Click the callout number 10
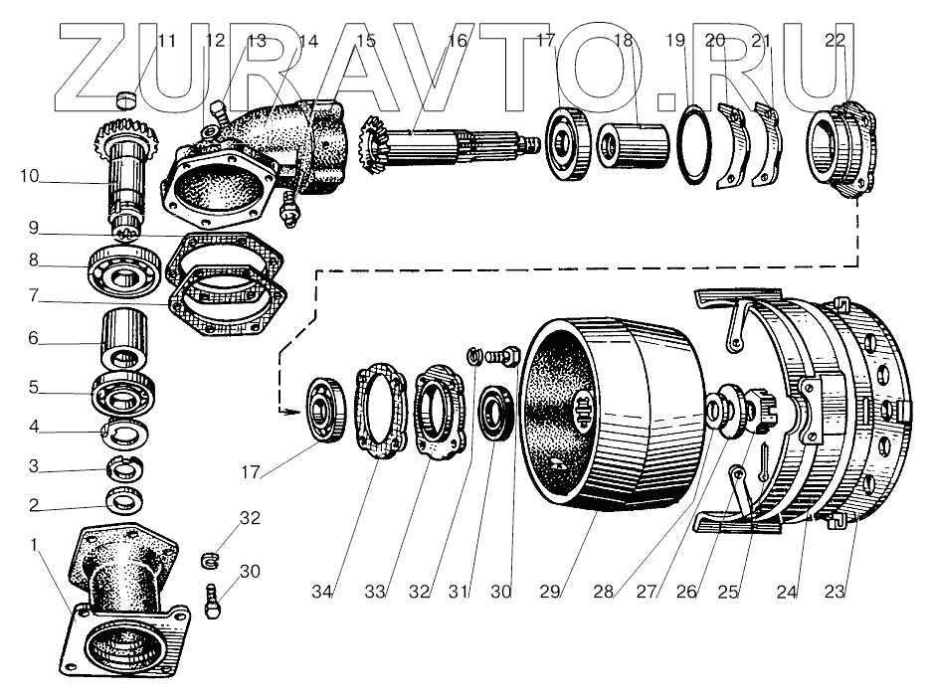click(29, 177)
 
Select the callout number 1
click(37, 545)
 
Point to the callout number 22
click(836, 41)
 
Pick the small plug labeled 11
click(125, 98)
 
